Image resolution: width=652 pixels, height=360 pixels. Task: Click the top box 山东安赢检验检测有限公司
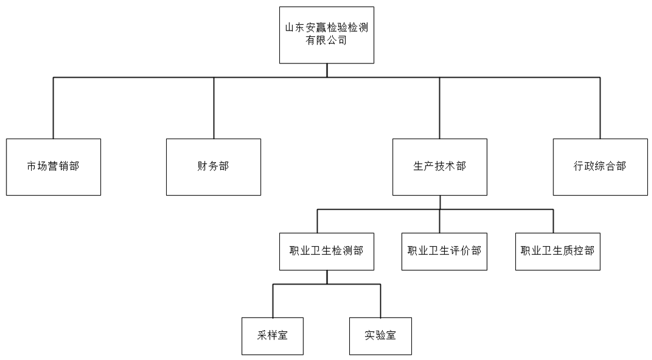(327, 34)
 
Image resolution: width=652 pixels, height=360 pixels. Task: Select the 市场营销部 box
(53, 167)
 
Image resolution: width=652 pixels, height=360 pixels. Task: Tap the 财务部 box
(213, 167)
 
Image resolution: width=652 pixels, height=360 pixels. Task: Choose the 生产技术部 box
(440, 167)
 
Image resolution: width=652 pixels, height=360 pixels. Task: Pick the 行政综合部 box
(600, 167)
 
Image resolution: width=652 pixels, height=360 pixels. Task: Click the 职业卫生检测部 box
(326, 251)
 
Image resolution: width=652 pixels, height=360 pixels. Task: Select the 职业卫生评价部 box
(444, 251)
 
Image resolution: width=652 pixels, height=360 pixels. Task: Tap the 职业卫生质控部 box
(558, 251)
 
